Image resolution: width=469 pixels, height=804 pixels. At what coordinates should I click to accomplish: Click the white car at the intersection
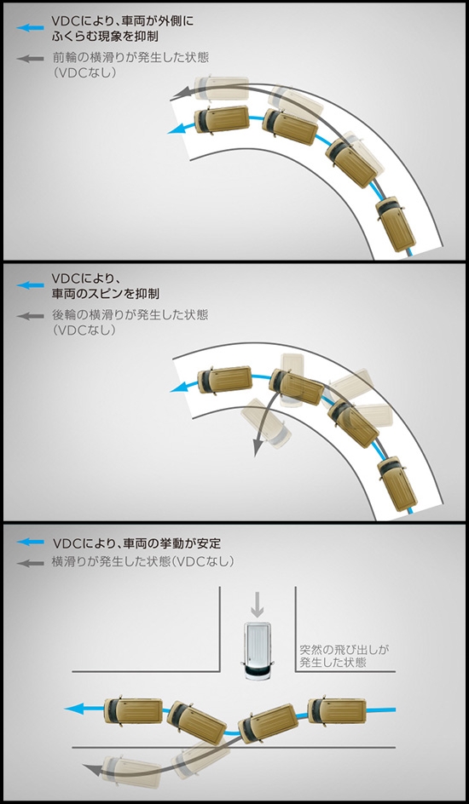(x=257, y=651)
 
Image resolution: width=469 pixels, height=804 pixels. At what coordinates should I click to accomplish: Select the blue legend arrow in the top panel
(x=31, y=28)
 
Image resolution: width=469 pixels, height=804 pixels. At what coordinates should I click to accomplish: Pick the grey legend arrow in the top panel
(x=31, y=59)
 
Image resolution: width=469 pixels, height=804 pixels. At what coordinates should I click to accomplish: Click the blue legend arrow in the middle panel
(x=31, y=285)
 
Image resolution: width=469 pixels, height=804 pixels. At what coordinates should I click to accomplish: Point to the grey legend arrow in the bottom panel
(x=31, y=563)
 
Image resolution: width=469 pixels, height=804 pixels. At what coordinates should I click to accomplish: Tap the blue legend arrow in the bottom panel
(x=31, y=542)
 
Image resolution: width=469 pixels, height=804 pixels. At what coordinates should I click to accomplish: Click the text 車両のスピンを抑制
(x=105, y=293)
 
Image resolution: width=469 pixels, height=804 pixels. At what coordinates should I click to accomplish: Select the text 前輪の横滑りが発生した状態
(x=130, y=57)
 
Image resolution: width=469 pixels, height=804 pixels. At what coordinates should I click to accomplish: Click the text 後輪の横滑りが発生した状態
(x=130, y=314)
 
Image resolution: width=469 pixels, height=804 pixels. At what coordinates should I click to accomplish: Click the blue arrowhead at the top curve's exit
(x=176, y=129)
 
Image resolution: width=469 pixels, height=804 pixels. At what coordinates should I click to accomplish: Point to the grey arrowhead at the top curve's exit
(x=178, y=94)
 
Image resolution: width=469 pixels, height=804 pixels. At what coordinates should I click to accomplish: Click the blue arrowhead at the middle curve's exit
(x=178, y=388)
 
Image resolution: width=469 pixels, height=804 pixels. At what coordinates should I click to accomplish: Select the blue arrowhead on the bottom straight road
(x=73, y=709)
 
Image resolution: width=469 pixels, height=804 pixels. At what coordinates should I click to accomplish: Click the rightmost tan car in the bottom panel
(x=337, y=710)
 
